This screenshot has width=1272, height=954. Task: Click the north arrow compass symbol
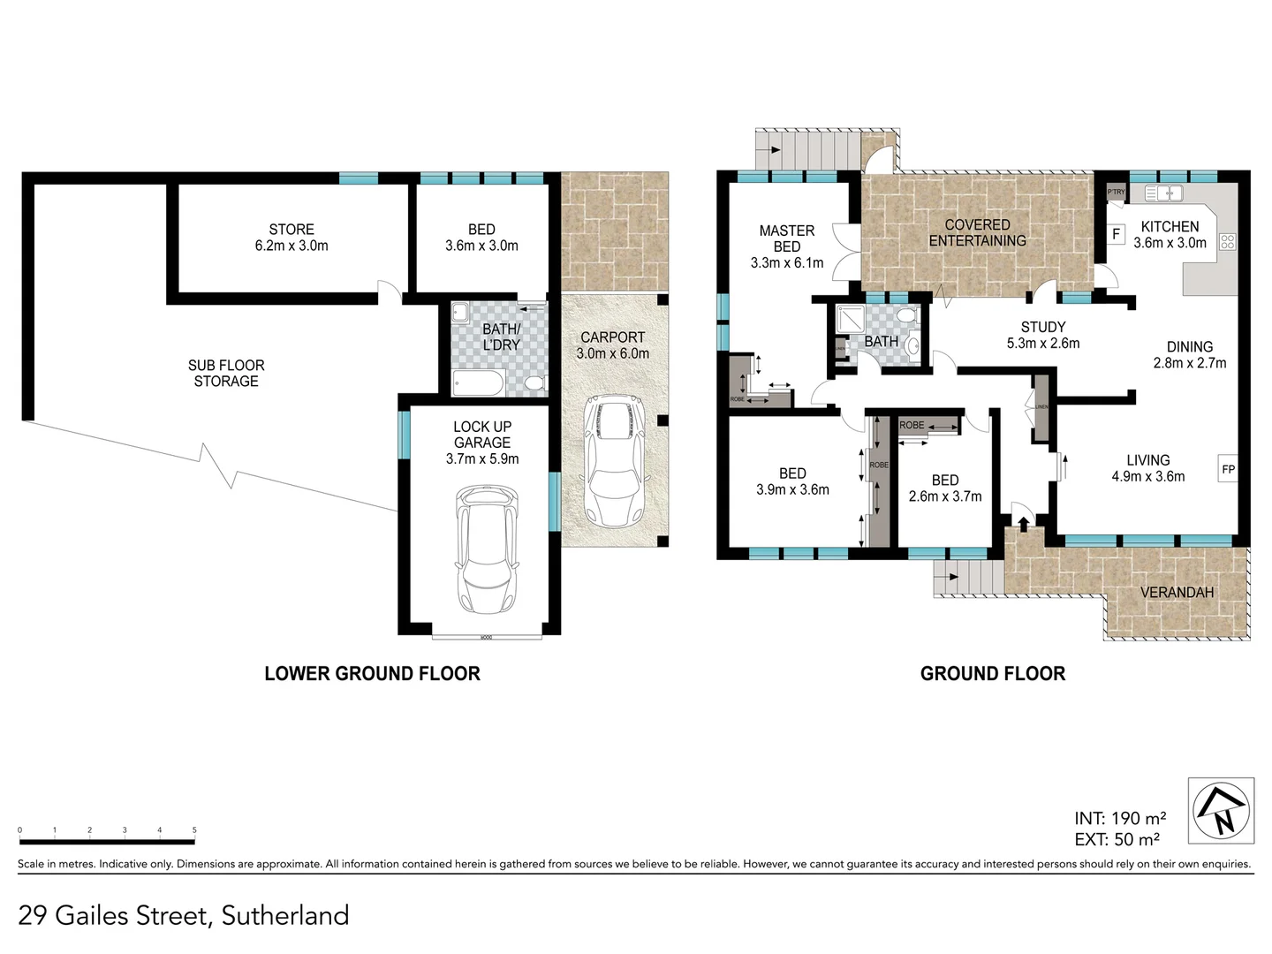coord(1221,810)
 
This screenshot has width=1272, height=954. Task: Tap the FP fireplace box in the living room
coord(1228,469)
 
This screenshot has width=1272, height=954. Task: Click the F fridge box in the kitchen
coord(1116,234)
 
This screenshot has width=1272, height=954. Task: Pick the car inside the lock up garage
coord(483,549)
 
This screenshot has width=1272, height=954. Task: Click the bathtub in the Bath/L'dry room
coord(478,383)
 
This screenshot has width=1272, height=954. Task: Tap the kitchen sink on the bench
coord(1163,193)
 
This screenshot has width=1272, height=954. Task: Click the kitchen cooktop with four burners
coord(1227,240)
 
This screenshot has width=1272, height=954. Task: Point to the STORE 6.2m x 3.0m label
coord(291,238)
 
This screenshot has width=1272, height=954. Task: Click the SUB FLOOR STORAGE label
coord(226,373)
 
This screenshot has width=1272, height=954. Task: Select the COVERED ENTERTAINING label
coord(977,232)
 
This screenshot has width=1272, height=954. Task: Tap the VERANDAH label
coord(1177,592)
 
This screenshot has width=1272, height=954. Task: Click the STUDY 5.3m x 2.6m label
coord(1043,335)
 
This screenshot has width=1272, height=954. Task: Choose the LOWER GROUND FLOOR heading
coord(372,673)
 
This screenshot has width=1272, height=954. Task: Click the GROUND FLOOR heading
coord(992,673)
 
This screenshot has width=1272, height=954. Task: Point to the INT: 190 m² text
coord(1119,818)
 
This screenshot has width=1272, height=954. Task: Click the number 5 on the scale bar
coord(194,830)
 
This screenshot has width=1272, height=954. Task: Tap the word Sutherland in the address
coord(285,915)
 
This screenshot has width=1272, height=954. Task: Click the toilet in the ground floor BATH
coord(905,316)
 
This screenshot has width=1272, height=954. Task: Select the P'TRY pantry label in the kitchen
coord(1116,192)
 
